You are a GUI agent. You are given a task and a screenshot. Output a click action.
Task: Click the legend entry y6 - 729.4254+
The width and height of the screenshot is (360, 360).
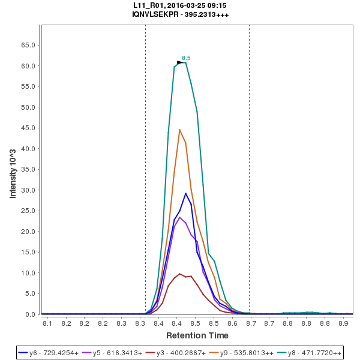coord(53,353)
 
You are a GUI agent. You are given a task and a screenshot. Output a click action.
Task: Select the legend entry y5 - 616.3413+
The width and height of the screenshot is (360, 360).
coord(119,353)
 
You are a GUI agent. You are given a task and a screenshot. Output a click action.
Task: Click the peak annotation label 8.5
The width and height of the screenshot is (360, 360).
coord(186,58)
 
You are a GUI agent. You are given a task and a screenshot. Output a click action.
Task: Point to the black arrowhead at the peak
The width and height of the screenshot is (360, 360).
coord(180,62)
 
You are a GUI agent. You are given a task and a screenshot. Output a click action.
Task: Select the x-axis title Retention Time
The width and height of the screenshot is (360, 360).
coord(197,335)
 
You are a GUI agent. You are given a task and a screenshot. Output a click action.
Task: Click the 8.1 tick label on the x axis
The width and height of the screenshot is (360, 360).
coord(47,324)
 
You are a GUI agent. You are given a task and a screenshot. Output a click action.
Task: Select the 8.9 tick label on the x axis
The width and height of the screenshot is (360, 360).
coord(343,324)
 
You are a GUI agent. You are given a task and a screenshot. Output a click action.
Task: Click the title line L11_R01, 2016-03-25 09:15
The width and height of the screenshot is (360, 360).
coord(180,5)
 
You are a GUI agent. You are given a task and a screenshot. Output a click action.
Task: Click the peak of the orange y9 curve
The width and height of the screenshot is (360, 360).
coord(179,130)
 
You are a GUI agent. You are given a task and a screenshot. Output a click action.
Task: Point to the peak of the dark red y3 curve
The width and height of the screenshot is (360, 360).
coord(180,274)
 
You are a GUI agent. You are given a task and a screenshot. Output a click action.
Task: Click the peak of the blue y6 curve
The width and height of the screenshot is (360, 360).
coord(186,193)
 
